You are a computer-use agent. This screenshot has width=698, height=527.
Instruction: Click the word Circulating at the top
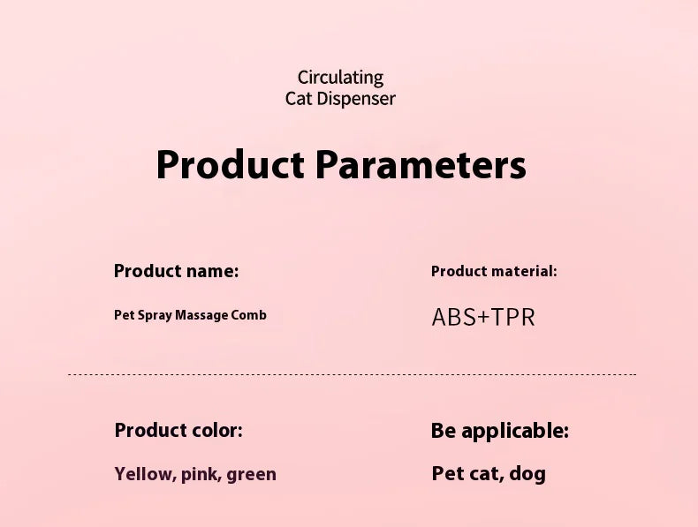click(340, 78)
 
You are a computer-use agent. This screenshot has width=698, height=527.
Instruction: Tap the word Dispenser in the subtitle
click(356, 99)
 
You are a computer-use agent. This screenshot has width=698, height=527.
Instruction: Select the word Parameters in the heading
click(421, 165)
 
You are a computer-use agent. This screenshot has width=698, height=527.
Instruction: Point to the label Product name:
click(176, 271)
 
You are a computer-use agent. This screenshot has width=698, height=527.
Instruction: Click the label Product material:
click(494, 271)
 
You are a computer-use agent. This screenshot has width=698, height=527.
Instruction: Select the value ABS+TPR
click(483, 317)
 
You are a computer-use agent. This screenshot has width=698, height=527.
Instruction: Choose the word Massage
click(201, 315)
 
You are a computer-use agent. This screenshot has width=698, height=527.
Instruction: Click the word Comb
click(248, 315)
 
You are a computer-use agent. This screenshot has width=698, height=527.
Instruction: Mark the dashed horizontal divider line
click(352, 375)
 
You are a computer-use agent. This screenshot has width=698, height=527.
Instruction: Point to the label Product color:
click(178, 431)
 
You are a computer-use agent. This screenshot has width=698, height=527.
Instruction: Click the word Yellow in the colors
click(143, 474)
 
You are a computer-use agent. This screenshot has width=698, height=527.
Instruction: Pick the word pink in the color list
click(201, 474)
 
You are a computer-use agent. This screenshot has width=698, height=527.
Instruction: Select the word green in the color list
click(251, 474)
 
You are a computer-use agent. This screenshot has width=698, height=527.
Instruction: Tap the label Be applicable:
click(500, 431)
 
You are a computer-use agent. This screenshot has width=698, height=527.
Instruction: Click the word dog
click(527, 474)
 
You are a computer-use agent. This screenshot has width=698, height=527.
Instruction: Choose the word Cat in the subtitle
click(299, 99)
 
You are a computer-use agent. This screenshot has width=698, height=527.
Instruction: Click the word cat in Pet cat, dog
click(484, 474)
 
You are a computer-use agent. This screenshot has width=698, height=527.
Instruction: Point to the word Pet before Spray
click(125, 315)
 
